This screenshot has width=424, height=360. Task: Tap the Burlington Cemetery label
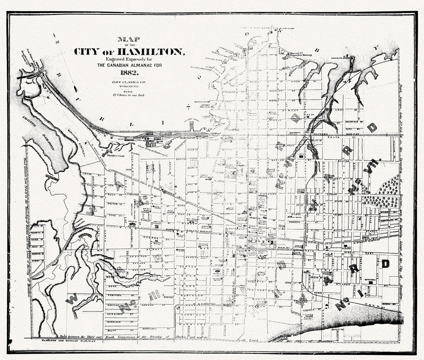(x=76, y=142)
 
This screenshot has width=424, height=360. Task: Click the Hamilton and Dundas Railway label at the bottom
(x=69, y=341)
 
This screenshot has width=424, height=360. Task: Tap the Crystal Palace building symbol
(x=131, y=225)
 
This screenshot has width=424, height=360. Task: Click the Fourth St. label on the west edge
(x=38, y=233)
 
